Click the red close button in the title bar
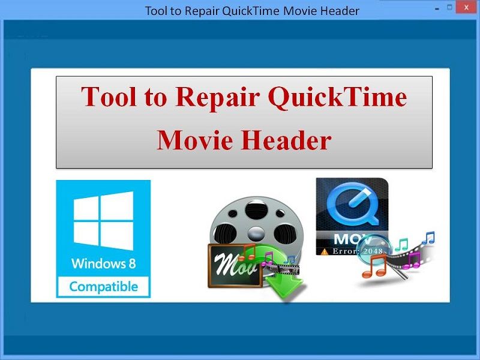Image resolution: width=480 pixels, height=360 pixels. [x=466, y=7]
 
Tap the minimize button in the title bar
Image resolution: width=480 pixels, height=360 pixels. [x=437, y=9]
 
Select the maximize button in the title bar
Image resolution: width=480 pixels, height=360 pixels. [x=449, y=7]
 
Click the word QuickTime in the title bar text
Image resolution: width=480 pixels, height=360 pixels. [x=250, y=11]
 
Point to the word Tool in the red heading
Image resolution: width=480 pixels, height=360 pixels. [x=109, y=97]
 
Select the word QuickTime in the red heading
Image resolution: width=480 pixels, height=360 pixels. [x=337, y=97]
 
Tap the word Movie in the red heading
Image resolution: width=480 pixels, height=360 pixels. [x=194, y=140]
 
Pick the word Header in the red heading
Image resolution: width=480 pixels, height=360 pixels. [x=286, y=140]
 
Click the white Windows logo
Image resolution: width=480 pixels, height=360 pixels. [x=103, y=220]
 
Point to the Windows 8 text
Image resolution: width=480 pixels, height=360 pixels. [x=103, y=263]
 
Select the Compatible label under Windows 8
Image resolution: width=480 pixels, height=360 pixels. [x=103, y=287]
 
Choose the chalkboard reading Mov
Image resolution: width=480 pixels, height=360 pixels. [x=235, y=266]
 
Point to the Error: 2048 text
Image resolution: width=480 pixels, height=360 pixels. [x=357, y=251]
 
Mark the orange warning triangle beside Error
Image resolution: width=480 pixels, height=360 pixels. [x=325, y=251]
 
